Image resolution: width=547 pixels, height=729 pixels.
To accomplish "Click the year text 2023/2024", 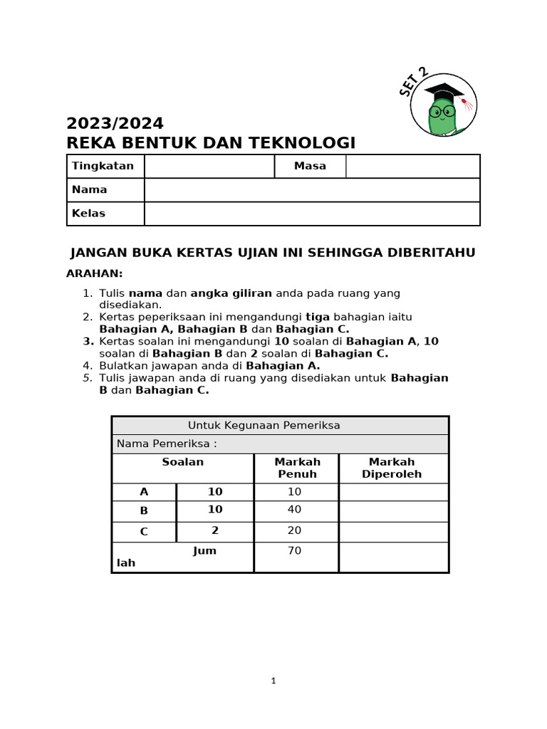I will (115, 123).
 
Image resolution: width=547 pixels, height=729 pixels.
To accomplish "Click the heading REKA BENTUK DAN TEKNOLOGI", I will (210, 143).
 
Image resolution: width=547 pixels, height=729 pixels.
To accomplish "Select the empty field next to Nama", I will (312, 190).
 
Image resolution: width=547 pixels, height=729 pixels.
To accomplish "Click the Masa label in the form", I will (310, 166).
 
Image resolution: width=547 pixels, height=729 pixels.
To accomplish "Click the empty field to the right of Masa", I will (412, 166).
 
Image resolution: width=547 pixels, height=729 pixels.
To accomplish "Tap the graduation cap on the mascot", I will (444, 92).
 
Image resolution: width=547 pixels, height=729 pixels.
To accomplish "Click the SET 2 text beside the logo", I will (414, 83).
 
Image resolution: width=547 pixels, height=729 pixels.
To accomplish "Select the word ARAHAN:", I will (95, 273).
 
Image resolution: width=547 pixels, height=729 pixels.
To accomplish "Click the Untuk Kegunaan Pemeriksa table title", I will (264, 426).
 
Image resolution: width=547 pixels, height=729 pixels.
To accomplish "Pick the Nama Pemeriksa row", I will (280, 444).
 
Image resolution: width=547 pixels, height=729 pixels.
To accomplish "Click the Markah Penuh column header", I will (297, 468).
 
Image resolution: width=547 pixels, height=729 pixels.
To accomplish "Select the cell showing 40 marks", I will (294, 510).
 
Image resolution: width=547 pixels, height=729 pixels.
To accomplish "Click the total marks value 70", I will (294, 550).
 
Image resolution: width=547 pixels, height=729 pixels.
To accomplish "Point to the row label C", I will (144, 531).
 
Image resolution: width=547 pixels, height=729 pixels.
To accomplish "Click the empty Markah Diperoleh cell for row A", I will (393, 492).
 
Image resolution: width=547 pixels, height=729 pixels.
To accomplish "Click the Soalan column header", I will (182, 463).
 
